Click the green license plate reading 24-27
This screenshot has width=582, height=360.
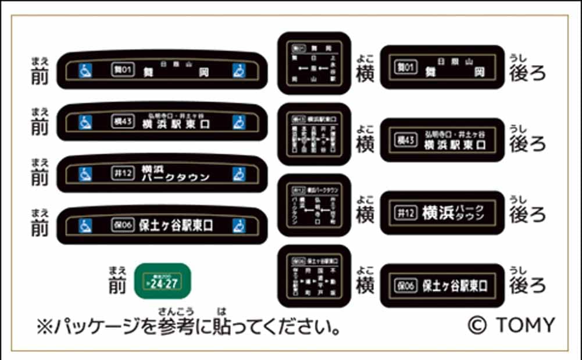(x=162, y=281)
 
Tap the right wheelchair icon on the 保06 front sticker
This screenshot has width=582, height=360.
(x=238, y=224)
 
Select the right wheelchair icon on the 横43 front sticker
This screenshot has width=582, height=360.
(x=238, y=122)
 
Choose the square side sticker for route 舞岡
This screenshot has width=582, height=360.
(x=314, y=63)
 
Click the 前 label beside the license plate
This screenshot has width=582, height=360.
(x=117, y=284)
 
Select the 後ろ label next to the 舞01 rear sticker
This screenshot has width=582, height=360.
(x=527, y=72)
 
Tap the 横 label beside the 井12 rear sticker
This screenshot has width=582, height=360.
(x=365, y=215)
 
